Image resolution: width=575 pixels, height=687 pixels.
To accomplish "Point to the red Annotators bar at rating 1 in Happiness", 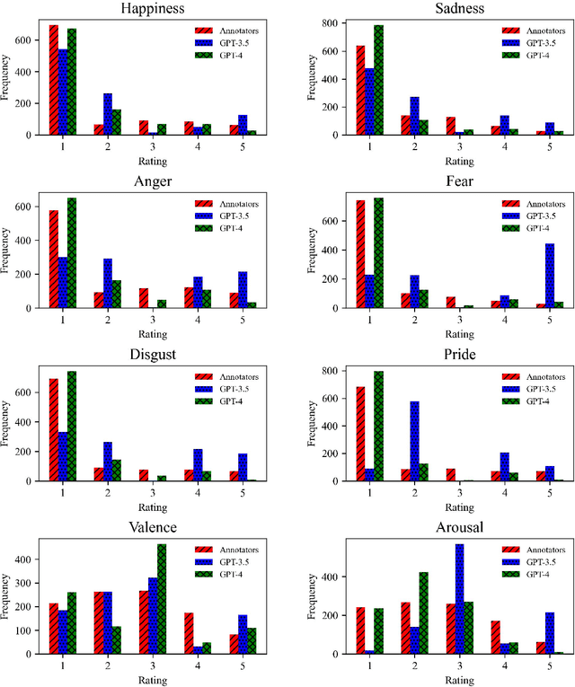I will coord(54,80).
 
